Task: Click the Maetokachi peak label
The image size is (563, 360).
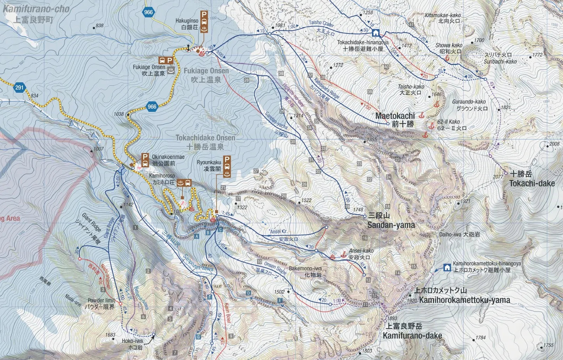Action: pos(395,116)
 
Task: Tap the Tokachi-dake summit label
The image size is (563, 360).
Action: pos(532,183)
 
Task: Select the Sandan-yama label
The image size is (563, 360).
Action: pos(391,225)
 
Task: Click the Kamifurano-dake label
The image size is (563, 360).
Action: pos(412,336)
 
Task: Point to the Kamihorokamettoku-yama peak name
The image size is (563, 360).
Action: pos(464,300)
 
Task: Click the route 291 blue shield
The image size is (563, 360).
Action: pos(20,88)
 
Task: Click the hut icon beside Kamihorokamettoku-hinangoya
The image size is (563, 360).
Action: pos(447,267)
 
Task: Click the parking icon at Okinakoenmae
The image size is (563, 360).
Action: pos(145,157)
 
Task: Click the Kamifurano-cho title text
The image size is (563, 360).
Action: pos(36,9)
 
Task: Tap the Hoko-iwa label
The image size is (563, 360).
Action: pos(129,341)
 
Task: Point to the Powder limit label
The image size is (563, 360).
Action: pos(101,300)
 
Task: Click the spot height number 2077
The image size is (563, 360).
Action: pos(498,177)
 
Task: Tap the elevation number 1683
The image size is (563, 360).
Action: pos(110,335)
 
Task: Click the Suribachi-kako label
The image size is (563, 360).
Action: pos(500,61)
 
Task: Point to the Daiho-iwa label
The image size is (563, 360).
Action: pos(450,235)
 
